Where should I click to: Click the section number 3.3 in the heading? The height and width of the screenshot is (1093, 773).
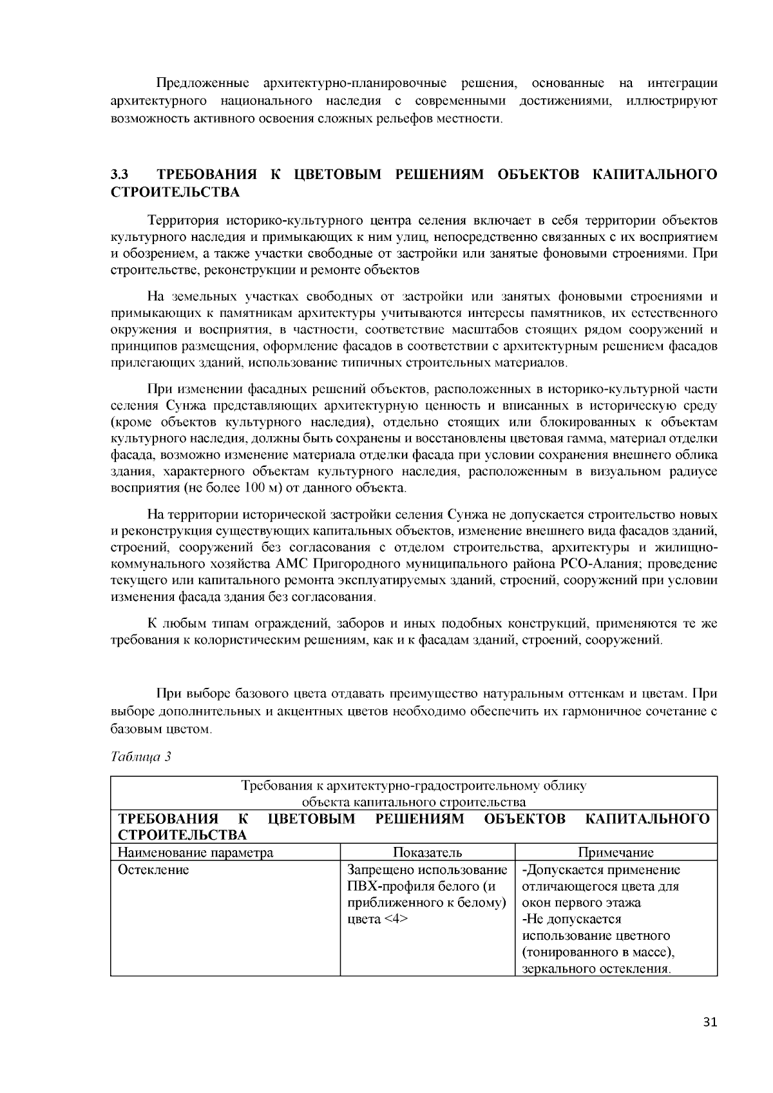120,175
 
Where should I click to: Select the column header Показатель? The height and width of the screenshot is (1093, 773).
427,853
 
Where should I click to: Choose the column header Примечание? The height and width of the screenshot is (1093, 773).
616,853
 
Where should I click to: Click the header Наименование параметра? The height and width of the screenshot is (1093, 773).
195,853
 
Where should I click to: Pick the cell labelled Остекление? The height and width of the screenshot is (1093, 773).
153,870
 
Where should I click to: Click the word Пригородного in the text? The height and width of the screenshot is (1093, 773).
372,564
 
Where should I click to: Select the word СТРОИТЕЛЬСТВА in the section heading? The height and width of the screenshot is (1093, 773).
175,192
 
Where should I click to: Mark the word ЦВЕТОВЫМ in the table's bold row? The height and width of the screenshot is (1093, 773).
311,819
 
